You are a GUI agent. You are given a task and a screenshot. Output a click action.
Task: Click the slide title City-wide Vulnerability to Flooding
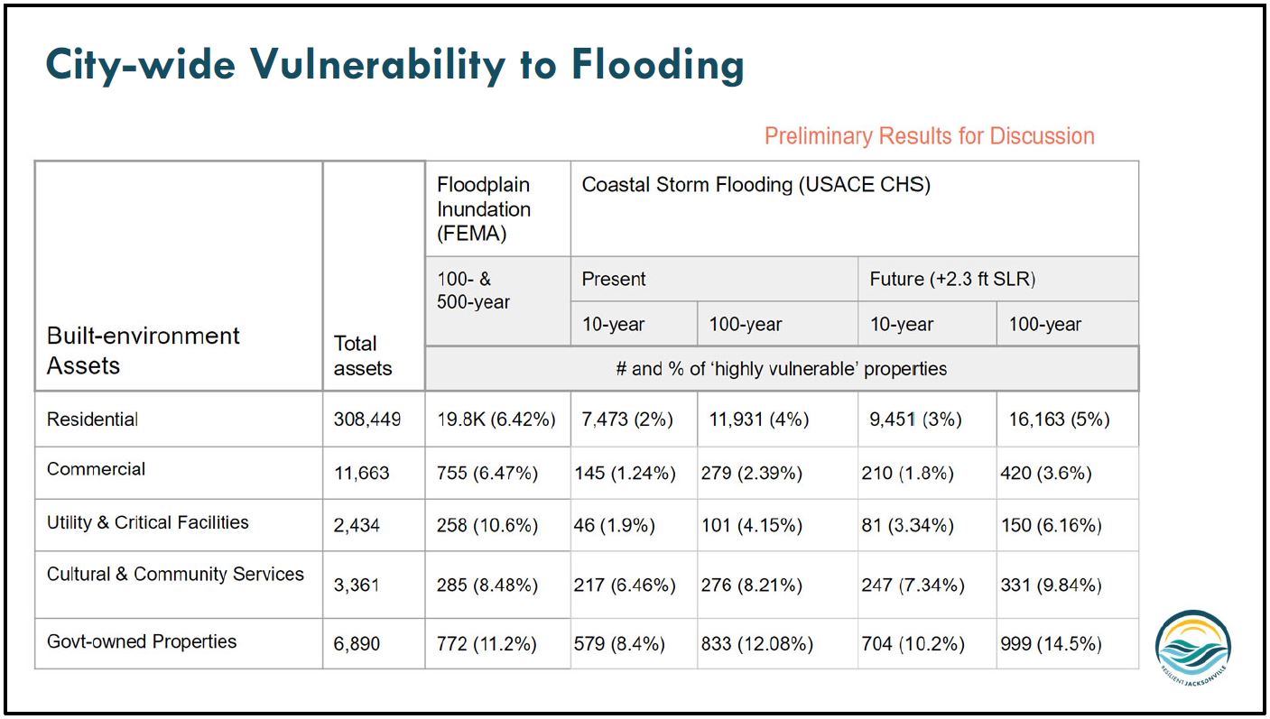[x=394, y=65]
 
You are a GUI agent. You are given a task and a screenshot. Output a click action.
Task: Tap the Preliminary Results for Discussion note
[x=929, y=136]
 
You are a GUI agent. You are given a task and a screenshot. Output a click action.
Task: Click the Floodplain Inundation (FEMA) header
[x=484, y=208]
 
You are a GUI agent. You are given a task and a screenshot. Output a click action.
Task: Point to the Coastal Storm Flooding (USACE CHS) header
[x=756, y=185]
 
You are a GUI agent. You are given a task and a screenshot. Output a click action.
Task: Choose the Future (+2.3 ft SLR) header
[x=952, y=279]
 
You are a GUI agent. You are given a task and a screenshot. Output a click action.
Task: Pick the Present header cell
[x=614, y=279]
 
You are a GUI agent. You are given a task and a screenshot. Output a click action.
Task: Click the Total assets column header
[x=363, y=355]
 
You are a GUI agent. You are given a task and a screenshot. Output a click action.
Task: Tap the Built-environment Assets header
[x=143, y=350]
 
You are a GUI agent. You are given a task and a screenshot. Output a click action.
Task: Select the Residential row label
[x=93, y=419]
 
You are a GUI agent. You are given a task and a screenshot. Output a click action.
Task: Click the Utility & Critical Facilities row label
[x=147, y=522]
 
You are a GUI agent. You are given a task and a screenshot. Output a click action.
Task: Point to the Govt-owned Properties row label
[x=142, y=642]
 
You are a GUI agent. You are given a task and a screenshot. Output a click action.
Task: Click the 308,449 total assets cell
[x=366, y=419]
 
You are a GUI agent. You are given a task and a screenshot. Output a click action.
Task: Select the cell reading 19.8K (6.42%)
[x=496, y=419]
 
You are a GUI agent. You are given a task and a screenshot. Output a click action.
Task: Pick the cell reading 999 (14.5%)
[x=1051, y=644]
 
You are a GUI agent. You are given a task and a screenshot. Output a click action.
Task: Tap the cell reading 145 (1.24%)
[x=625, y=474]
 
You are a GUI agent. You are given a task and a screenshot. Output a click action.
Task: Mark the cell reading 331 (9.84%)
[x=1051, y=585]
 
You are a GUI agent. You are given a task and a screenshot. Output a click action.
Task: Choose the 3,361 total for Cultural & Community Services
[x=357, y=585]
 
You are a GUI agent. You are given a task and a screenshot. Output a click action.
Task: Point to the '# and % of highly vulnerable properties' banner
[x=781, y=368]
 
